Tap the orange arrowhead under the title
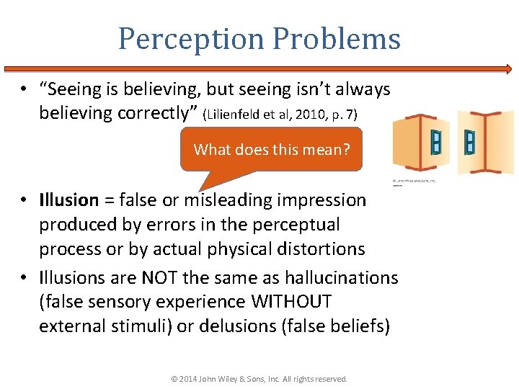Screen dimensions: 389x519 pyautogui.click(x=507, y=70)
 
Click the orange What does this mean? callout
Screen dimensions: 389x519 pyautogui.click(x=271, y=150)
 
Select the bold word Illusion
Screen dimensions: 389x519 pyautogui.click(x=68, y=200)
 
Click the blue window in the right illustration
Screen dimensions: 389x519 pyautogui.click(x=470, y=141)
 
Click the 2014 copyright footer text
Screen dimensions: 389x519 pyautogui.click(x=259, y=379)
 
